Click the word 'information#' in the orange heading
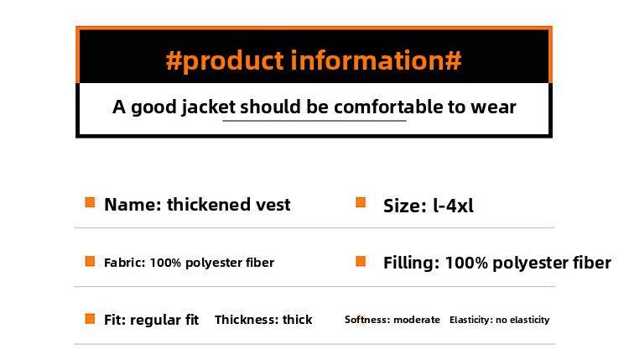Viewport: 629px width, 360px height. (376, 60)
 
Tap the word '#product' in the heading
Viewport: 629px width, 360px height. (225, 61)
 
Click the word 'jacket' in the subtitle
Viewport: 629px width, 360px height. (208, 107)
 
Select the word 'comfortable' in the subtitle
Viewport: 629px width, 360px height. (388, 107)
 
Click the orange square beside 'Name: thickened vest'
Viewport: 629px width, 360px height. (91, 202)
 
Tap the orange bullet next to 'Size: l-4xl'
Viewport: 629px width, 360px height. (361, 202)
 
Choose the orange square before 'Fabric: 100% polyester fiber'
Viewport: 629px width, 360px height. (91, 261)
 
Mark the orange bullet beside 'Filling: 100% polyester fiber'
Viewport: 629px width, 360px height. (361, 261)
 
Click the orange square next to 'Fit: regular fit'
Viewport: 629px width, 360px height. (91, 319)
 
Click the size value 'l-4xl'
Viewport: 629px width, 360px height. (453, 206)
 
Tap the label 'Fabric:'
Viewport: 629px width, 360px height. (125, 263)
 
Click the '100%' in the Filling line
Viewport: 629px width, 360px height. (466, 263)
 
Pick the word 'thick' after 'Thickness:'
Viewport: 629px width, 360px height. (297, 320)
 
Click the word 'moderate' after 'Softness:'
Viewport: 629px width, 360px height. (416, 320)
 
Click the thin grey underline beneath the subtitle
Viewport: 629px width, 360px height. (314, 120)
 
